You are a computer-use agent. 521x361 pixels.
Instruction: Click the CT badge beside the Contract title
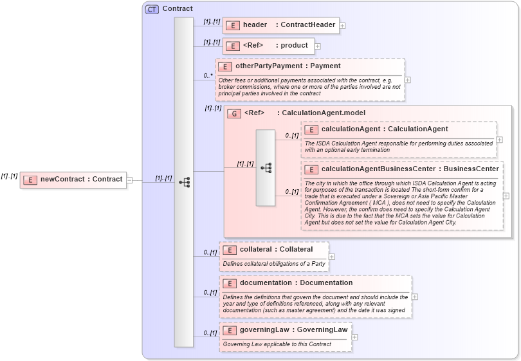tap(152, 9)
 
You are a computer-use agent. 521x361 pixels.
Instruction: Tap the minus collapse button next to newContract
tap(129, 180)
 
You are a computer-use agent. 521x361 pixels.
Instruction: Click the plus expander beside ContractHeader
tap(343, 26)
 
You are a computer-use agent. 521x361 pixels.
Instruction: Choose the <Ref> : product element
tap(269, 46)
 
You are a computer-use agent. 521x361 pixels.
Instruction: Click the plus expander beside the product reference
tap(318, 46)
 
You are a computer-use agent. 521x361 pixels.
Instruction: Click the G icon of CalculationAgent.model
tap(235, 113)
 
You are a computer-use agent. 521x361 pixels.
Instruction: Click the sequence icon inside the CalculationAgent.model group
tap(266, 168)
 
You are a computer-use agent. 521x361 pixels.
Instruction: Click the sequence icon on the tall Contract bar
tap(184, 182)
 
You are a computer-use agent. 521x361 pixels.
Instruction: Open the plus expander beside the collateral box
tap(332, 256)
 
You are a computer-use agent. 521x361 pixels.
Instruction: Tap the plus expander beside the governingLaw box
tap(355, 337)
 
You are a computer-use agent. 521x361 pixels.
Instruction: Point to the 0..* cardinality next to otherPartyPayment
tap(208, 75)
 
